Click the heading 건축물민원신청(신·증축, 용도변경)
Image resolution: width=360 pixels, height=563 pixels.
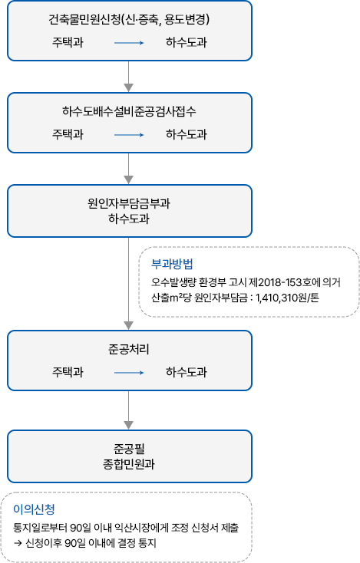click(129, 19)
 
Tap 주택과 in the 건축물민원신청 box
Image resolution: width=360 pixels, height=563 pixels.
click(68, 43)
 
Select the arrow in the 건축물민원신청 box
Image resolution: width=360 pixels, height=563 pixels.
click(129, 44)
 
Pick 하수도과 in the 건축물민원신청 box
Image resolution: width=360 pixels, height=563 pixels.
click(186, 43)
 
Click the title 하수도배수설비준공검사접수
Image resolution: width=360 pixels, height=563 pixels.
click(129, 111)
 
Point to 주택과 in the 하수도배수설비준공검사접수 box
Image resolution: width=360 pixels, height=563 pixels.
click(68, 135)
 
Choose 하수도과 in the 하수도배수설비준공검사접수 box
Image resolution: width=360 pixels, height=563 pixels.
click(186, 135)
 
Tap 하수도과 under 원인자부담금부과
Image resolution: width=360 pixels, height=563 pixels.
click(129, 219)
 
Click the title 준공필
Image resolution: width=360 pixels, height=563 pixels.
click(129, 448)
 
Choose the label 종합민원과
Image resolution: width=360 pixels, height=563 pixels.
click(129, 464)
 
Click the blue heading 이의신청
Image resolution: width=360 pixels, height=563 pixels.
click(34, 509)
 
